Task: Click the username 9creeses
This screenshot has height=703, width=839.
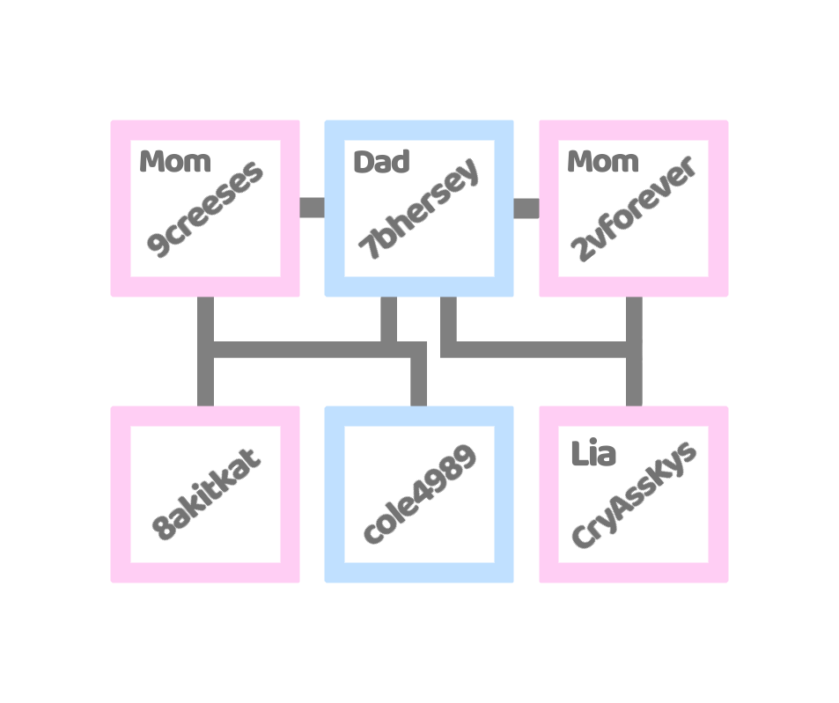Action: tap(205, 209)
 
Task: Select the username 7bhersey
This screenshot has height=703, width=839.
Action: tap(419, 209)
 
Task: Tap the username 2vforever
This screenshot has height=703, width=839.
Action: tap(633, 209)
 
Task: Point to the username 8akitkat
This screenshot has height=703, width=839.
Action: tap(205, 494)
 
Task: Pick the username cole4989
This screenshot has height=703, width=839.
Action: tap(419, 494)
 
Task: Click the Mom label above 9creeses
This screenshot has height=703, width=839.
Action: tap(175, 162)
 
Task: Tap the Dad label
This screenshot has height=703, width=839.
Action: tap(381, 162)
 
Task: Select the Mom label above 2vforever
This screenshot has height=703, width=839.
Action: tap(603, 162)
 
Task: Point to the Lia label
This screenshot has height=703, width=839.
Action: tap(593, 454)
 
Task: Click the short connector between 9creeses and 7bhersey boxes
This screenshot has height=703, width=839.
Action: tap(312, 208)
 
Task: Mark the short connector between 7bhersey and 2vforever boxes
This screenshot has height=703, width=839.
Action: tap(526, 208)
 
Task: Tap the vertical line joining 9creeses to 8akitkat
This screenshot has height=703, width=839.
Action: tap(205, 370)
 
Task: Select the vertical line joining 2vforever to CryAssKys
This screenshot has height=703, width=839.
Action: tap(634, 378)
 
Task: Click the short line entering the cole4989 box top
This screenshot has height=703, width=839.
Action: tap(419, 383)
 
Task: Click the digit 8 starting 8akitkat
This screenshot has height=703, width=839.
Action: tap(163, 529)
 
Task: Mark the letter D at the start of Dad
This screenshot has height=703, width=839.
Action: tap(363, 162)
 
